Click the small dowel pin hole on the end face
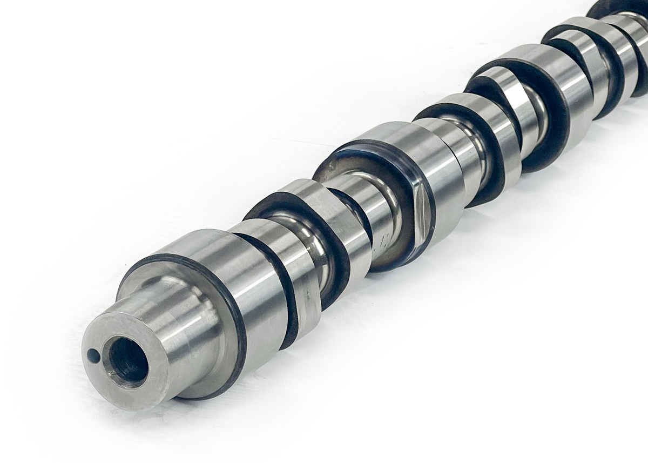tap(93, 355)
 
